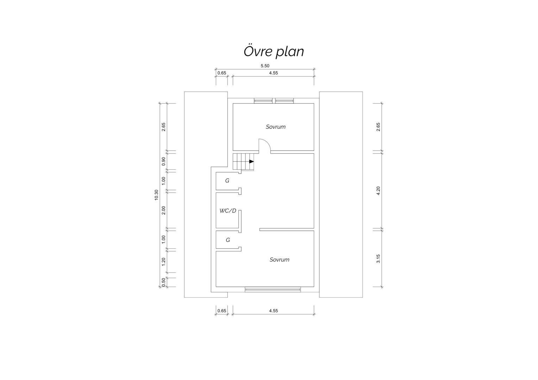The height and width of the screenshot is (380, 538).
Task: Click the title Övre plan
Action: point(274,51)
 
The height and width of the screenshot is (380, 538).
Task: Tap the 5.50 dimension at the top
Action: point(265,66)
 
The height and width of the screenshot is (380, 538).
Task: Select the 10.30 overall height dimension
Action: point(156,195)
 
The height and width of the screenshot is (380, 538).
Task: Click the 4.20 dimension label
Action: point(378,191)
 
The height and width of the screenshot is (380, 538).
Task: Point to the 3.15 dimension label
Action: point(378,259)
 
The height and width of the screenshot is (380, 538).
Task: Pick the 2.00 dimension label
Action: point(164,210)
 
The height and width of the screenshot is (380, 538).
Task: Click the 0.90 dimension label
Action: point(164,161)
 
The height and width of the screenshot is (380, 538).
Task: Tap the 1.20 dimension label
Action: point(164,261)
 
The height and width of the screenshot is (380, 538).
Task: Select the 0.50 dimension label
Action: point(164,282)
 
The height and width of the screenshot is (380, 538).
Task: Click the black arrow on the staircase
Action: point(251,161)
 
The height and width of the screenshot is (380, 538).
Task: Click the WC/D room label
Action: point(228,211)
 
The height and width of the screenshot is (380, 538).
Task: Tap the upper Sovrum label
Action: point(275,127)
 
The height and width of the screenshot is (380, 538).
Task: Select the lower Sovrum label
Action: point(279,260)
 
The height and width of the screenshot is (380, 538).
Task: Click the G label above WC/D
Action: point(227,180)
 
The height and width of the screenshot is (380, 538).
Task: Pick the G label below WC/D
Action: point(228,240)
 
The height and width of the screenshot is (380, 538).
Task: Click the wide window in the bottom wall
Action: point(273,290)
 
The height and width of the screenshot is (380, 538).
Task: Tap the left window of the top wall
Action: point(263,101)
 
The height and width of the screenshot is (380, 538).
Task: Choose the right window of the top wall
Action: point(284,101)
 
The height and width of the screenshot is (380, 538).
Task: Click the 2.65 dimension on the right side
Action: point(378,127)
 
